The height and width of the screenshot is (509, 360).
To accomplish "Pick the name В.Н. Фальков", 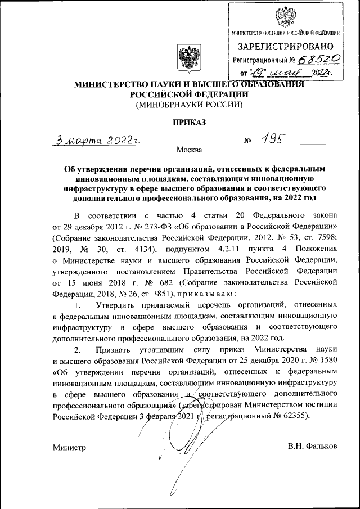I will coord(312,447).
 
